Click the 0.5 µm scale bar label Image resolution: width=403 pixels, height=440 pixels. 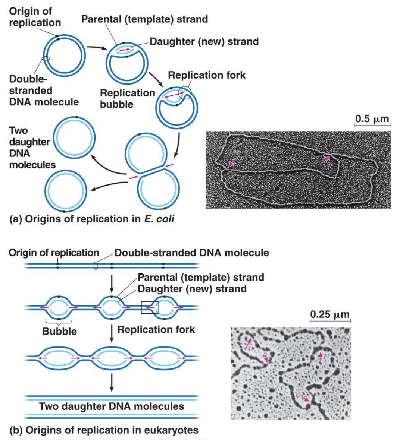[372, 119]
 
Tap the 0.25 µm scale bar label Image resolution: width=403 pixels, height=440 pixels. [330, 314]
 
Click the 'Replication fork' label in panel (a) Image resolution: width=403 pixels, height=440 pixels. [207, 75]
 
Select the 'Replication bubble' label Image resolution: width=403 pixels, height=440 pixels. [127, 98]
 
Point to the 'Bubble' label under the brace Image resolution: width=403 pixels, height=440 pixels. [59, 331]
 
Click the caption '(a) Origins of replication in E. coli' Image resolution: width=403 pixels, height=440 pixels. [91, 219]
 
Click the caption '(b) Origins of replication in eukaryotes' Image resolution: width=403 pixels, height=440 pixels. [104, 430]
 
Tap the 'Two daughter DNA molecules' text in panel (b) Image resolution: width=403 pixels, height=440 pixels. [112, 406]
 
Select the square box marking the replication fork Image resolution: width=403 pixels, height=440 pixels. [150, 308]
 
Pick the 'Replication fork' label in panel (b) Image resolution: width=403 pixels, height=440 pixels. [156, 329]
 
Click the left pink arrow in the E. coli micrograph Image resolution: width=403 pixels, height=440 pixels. [232, 163]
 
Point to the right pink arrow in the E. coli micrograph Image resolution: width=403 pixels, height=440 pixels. [325, 159]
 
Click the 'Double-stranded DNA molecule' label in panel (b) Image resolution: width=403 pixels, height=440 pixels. [191, 253]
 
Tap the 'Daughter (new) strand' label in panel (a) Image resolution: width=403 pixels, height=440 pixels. [204, 41]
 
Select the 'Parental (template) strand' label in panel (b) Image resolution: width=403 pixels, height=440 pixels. [201, 277]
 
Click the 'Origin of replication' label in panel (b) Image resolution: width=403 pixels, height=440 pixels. [54, 253]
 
